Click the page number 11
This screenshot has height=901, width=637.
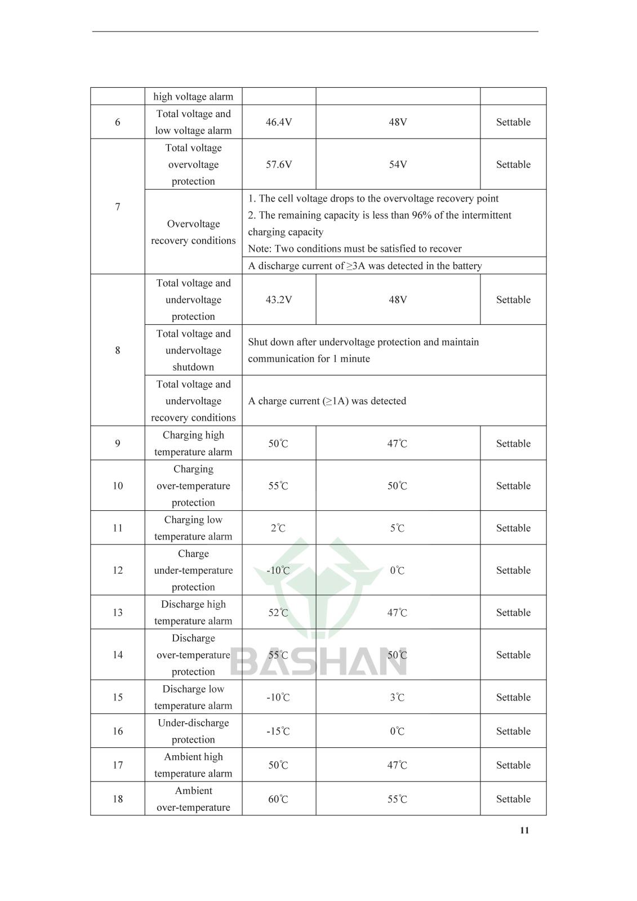[524, 830]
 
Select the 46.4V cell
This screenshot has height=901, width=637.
[279, 122]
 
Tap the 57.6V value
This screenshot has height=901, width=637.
[279, 164]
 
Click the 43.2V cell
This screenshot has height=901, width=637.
[279, 300]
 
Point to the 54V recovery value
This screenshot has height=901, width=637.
[398, 164]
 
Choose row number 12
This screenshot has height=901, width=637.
[117, 570]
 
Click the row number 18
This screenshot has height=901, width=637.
[117, 799]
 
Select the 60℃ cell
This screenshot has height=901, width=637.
[278, 799]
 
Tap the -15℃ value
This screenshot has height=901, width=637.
[278, 731]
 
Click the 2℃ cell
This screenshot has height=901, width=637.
[278, 528]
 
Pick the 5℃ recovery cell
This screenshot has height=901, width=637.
[398, 528]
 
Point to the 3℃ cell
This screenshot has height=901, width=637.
[398, 697]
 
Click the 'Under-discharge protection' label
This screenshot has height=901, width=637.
[193, 731]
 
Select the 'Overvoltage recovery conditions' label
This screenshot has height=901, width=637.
[193, 232]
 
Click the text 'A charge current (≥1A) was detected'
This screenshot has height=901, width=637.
[327, 401]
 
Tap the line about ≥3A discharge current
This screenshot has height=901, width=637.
[365, 266]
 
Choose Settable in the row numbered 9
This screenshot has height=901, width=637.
[513, 443]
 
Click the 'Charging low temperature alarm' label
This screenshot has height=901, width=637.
[193, 528]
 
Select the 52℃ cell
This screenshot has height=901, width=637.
[278, 613]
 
